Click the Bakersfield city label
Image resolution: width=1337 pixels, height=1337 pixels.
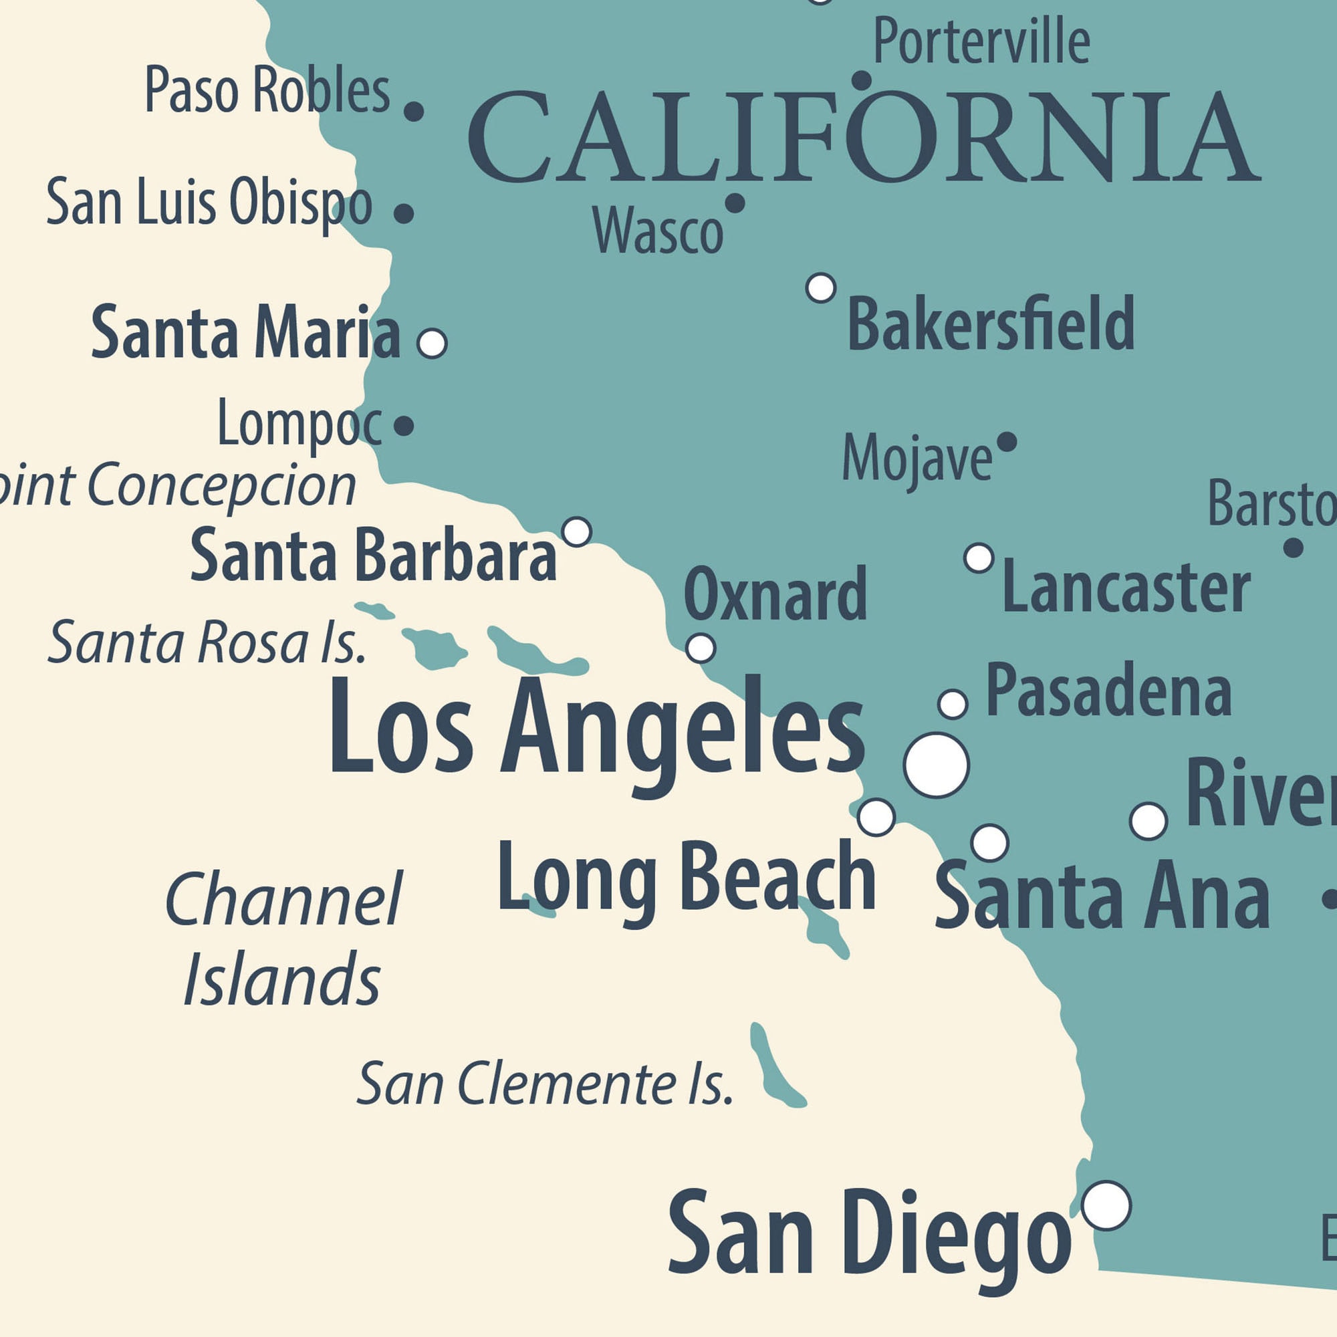(990, 322)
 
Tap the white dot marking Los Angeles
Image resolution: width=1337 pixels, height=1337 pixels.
(936, 765)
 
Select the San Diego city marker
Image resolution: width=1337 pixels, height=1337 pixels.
(1106, 1205)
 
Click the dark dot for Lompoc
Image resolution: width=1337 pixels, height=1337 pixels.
(404, 426)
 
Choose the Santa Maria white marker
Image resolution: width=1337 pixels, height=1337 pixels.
(433, 343)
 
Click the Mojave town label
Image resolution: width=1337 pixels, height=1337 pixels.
(917, 457)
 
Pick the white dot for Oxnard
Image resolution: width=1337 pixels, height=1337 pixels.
(701, 648)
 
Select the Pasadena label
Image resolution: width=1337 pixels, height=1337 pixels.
(1108, 691)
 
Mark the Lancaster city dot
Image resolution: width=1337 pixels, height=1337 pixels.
(979, 558)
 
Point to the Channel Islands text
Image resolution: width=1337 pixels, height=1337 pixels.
(283, 939)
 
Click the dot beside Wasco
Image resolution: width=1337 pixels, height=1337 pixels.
(734, 203)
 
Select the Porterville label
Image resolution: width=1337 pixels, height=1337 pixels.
(981, 41)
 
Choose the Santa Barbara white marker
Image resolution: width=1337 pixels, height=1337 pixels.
(576, 531)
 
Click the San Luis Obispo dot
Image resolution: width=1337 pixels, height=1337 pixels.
(404, 213)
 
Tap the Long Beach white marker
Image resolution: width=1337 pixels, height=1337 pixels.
(876, 818)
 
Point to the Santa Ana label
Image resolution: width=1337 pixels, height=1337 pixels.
(1102, 895)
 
